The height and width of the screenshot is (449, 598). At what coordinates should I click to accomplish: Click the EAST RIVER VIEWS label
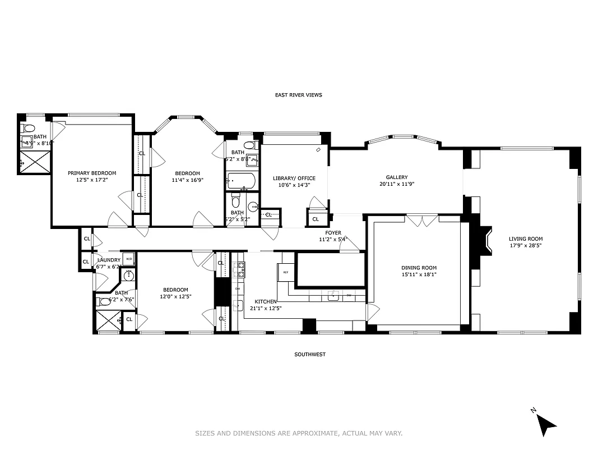(298, 95)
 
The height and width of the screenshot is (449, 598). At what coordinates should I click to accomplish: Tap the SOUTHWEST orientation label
(310, 354)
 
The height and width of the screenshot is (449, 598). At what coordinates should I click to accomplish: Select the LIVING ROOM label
(526, 239)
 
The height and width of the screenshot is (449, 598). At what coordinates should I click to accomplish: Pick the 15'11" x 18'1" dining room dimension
(419, 274)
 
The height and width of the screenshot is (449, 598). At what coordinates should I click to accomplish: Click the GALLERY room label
(396, 177)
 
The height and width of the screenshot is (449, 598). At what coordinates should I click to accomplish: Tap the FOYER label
(333, 232)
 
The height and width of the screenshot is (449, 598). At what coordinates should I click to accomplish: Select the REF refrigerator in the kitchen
(285, 272)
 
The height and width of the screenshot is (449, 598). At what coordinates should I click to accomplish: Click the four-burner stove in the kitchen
(242, 270)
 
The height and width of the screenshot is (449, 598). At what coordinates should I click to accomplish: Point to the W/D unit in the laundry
(129, 259)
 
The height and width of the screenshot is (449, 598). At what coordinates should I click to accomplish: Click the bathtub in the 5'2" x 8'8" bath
(242, 181)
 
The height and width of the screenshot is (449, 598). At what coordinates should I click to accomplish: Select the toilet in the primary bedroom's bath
(29, 127)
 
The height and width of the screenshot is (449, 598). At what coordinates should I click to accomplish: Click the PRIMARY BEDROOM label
(92, 173)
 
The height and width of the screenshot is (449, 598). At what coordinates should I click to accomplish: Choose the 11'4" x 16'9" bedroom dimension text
(187, 180)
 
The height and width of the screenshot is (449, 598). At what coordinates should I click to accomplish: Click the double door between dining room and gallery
(422, 220)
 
